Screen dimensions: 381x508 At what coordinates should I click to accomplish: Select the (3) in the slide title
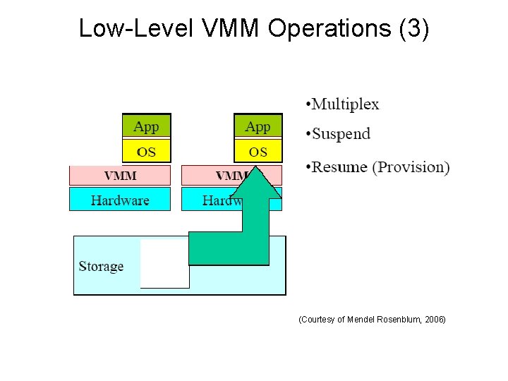tap(413, 28)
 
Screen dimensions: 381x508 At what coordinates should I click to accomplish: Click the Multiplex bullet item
tap(345, 104)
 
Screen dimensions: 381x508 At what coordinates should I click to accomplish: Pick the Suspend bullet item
tap(341, 133)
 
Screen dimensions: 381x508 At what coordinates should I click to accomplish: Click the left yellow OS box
tap(146, 150)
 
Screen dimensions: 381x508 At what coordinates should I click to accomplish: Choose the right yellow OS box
tap(258, 150)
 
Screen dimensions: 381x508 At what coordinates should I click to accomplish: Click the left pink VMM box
tap(120, 175)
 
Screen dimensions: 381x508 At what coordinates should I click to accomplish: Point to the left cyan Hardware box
tap(120, 200)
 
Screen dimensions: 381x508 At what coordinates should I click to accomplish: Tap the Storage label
tap(101, 266)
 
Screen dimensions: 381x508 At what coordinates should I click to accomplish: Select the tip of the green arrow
tap(258, 169)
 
